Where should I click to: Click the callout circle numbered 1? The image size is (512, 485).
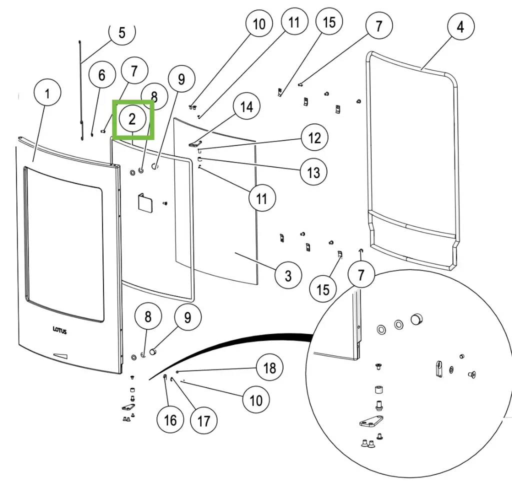[47, 93]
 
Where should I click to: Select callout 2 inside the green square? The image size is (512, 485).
[132, 119]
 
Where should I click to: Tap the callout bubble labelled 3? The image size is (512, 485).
[288, 275]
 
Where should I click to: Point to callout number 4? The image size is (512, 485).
[460, 26]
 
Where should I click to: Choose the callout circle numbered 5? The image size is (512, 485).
[121, 32]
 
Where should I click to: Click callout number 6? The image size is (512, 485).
[102, 75]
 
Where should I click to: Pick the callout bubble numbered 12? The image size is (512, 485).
[314, 138]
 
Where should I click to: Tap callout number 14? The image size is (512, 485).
[246, 107]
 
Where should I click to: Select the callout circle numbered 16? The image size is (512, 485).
[170, 419]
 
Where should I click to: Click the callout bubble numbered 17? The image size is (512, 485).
[204, 420]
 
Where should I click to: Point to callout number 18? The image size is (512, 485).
[269, 368]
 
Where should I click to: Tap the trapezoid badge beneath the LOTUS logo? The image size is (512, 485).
[61, 355]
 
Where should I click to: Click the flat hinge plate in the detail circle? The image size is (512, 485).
[371, 423]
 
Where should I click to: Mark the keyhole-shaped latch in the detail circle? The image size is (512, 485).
[438, 368]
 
